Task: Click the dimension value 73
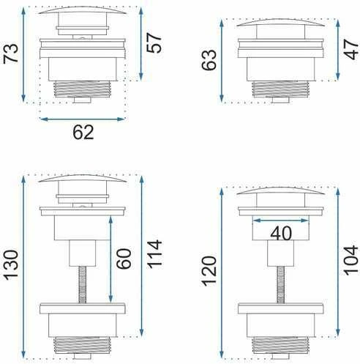(11, 53)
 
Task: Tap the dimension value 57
(154, 43)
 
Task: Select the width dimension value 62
(83, 133)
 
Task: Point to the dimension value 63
(209, 60)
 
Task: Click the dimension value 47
(352, 50)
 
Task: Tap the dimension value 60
(124, 259)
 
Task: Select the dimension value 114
(154, 254)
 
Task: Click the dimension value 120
(209, 271)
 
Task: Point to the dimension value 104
(351, 260)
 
